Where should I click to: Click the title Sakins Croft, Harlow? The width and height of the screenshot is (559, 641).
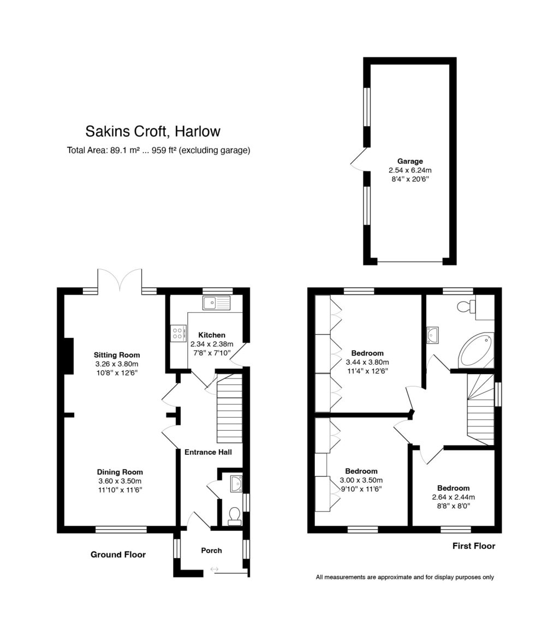[153, 132]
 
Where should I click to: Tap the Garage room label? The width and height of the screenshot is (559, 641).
[410, 161]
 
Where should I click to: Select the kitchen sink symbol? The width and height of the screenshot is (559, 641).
[217, 302]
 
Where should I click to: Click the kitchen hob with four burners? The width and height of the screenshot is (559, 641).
[178, 333]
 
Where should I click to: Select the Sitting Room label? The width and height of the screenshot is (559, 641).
[117, 354]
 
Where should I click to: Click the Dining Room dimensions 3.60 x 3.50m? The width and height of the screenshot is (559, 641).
[120, 481]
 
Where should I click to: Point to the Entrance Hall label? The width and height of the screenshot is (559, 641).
[208, 452]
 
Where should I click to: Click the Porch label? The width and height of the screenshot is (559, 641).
[211, 550]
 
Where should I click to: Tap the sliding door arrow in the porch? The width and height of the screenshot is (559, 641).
[214, 570]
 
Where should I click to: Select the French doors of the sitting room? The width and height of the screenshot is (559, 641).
[120, 280]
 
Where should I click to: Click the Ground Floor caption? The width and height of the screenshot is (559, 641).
[118, 555]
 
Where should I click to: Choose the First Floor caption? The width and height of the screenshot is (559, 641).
[474, 546]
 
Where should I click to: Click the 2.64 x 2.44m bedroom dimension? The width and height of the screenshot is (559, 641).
[453, 497]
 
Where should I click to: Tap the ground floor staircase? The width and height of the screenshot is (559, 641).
[229, 409]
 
